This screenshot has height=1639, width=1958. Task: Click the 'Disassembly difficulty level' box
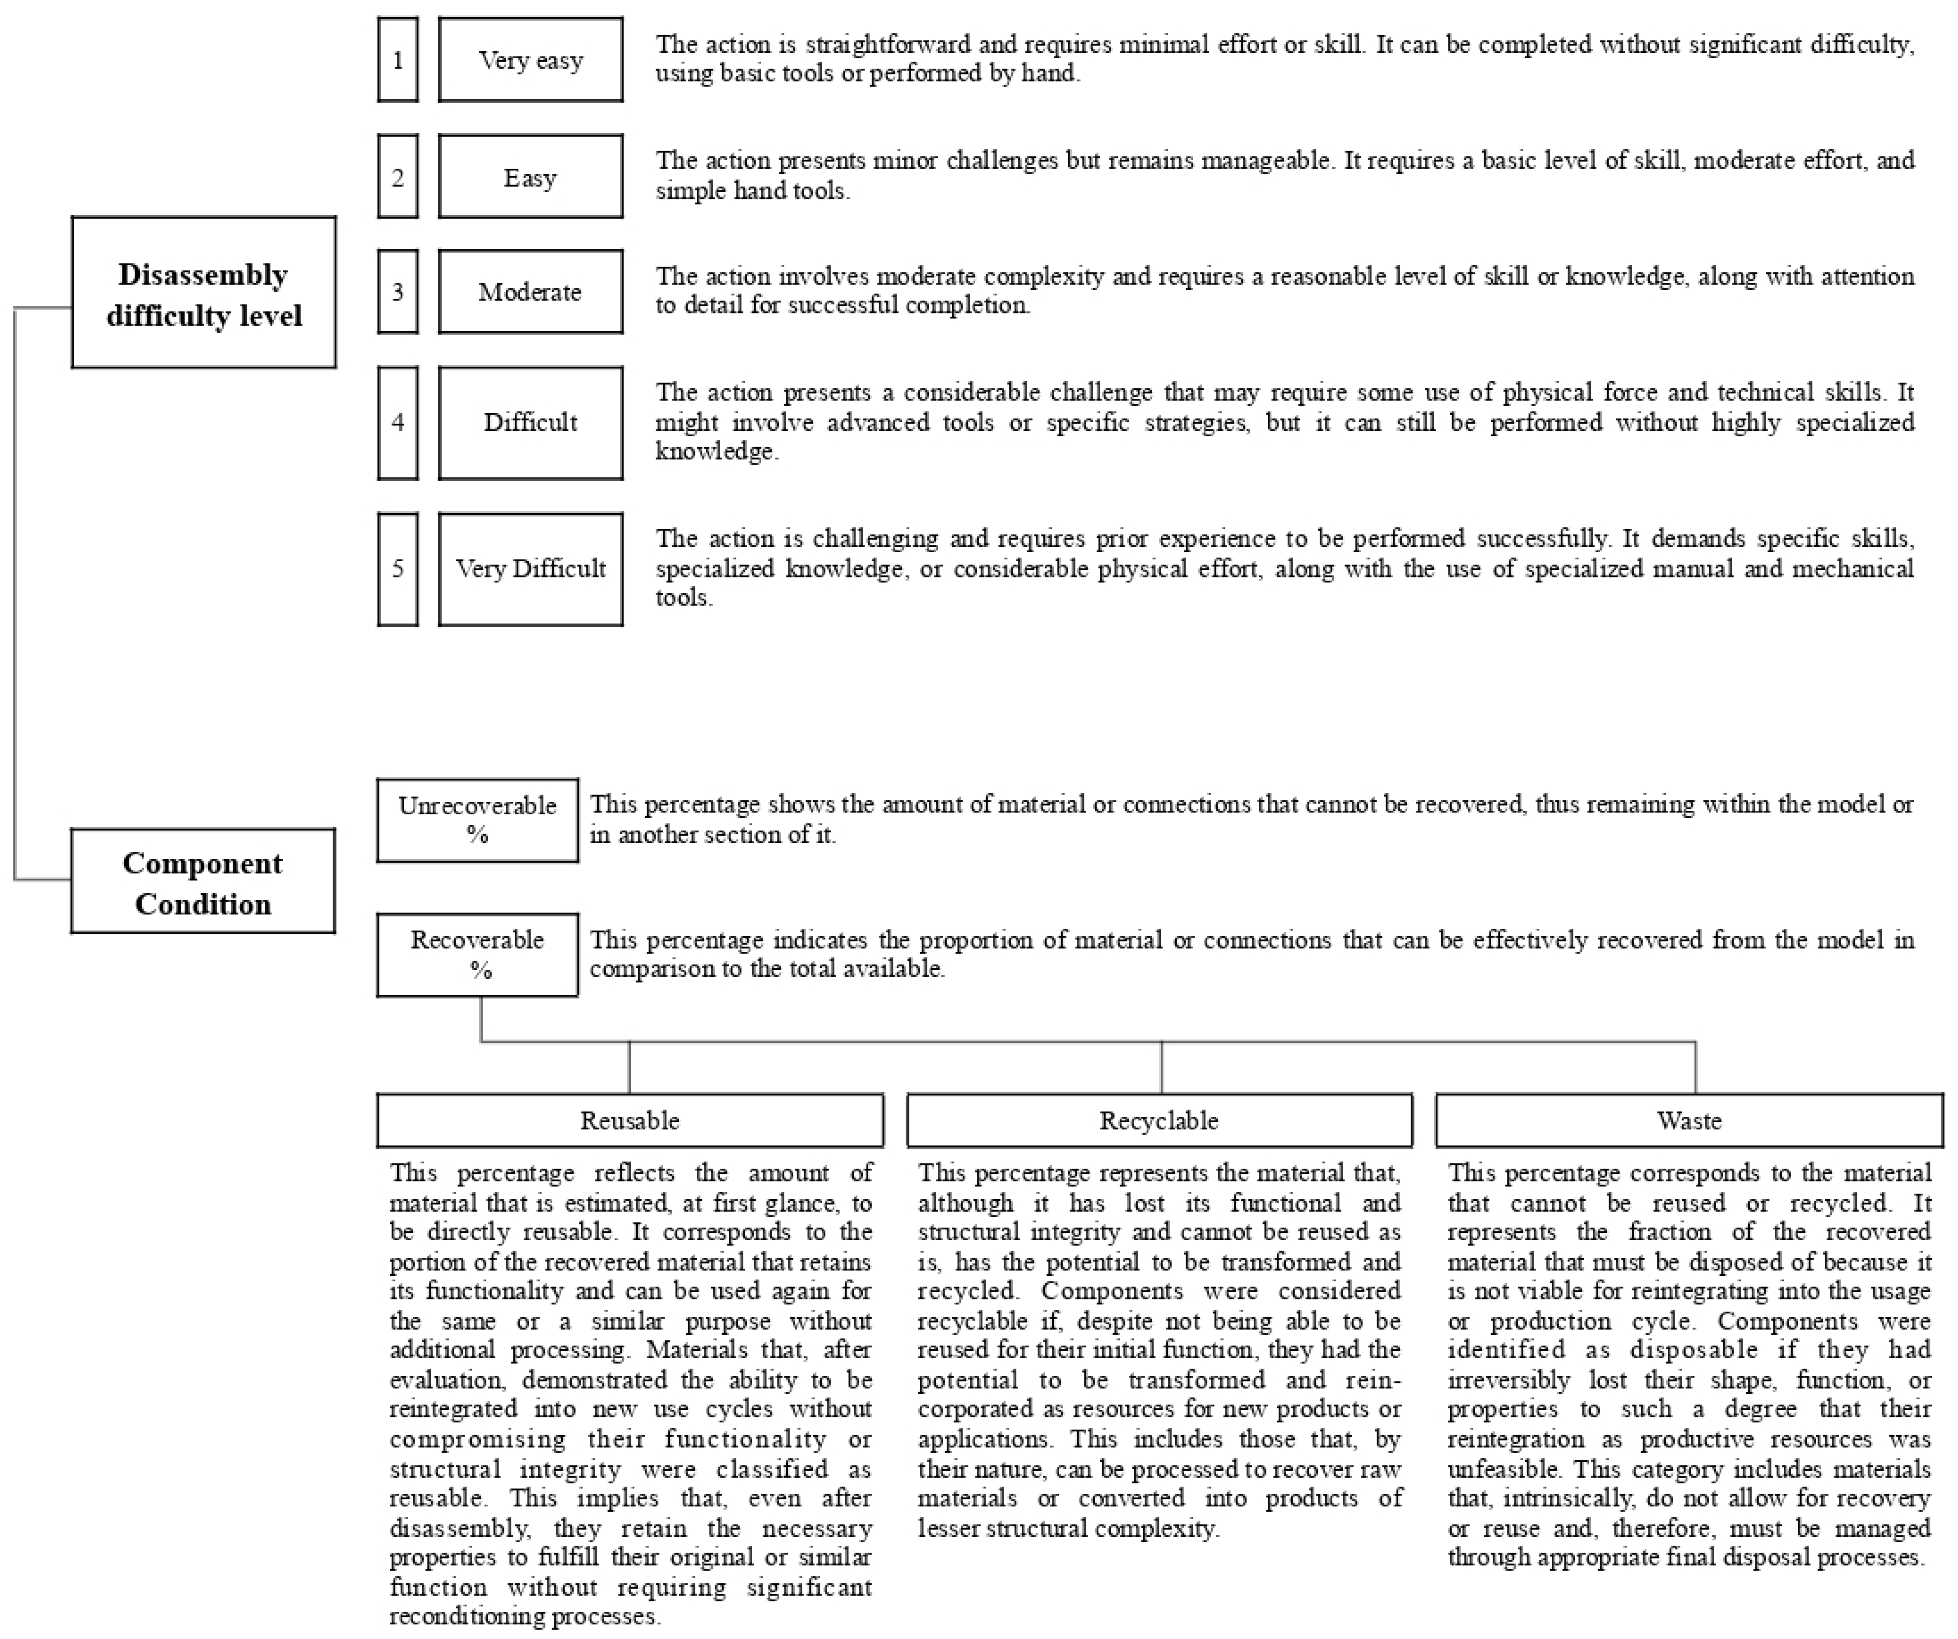pos(203,293)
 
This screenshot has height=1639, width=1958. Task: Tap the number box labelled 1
pos(398,60)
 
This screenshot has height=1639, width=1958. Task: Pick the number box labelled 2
pos(398,176)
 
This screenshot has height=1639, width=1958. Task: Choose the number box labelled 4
pos(398,422)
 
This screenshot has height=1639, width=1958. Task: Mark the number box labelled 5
pos(398,569)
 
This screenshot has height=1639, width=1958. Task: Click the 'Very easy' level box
pos(531,60)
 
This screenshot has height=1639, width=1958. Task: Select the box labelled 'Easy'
pos(531,176)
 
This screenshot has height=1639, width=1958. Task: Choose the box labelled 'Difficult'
pos(531,422)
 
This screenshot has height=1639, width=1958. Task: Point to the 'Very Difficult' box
pos(531,569)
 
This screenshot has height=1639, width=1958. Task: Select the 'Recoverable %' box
pos(477,954)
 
